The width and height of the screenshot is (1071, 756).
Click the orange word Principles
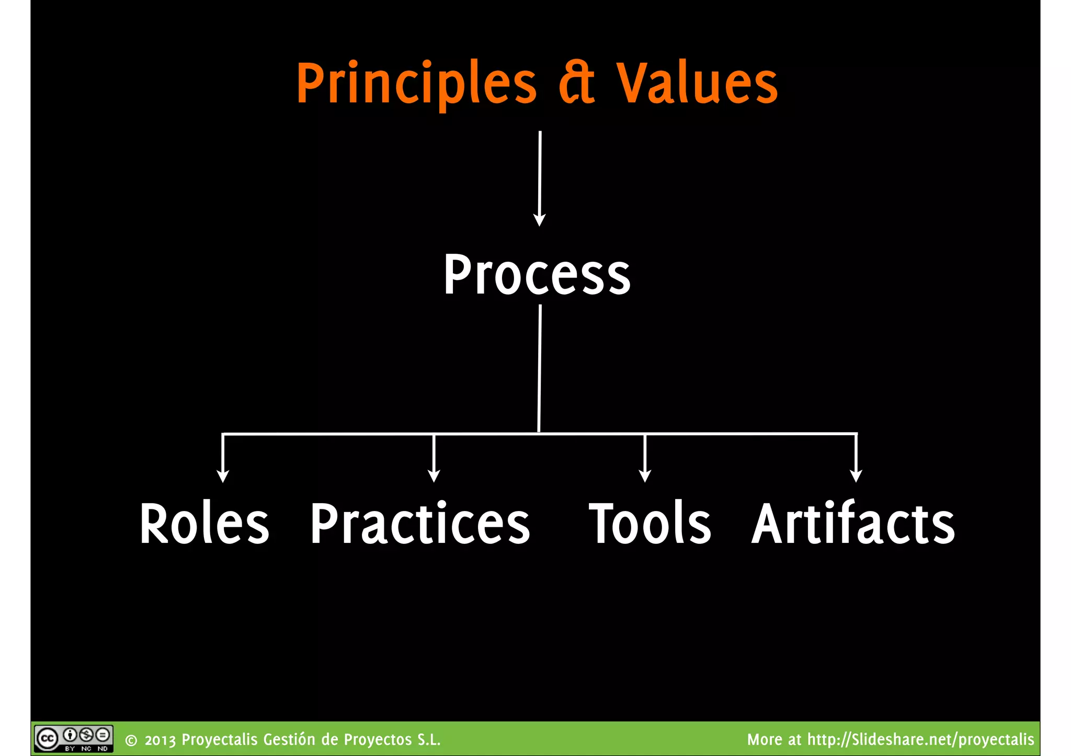pyautogui.click(x=416, y=84)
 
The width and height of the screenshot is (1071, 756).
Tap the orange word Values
pyautogui.click(x=697, y=84)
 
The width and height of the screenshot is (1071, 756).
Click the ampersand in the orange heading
pyautogui.click(x=577, y=84)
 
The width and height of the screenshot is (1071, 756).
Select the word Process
pyautogui.click(x=537, y=275)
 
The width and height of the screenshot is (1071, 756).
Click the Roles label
pyautogui.click(x=204, y=524)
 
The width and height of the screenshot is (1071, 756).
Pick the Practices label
pyautogui.click(x=420, y=524)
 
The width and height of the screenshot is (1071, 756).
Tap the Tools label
pyautogui.click(x=650, y=524)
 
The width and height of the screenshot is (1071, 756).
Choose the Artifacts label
pyautogui.click(x=853, y=524)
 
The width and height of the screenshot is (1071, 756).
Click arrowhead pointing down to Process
pyautogui.click(x=539, y=220)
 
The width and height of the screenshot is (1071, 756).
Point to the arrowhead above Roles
pyautogui.click(x=223, y=476)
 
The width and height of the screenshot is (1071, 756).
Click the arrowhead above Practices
pyautogui.click(x=434, y=476)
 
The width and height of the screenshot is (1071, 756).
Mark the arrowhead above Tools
pyautogui.click(x=645, y=476)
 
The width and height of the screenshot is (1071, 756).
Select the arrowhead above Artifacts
pyautogui.click(x=856, y=476)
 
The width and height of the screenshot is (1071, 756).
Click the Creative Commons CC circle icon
pyautogui.click(x=47, y=739)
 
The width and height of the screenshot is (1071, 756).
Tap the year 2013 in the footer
pyautogui.click(x=160, y=740)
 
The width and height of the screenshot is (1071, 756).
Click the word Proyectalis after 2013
pyautogui.click(x=220, y=740)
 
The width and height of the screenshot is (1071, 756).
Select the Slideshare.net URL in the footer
pyautogui.click(x=920, y=740)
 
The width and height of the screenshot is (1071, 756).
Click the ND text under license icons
pyautogui.click(x=102, y=749)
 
